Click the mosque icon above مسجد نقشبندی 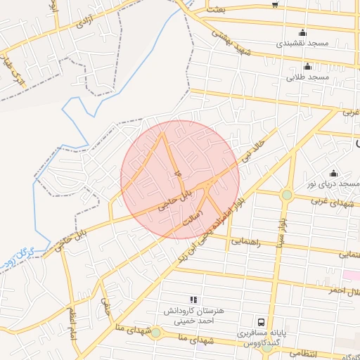pyautogui.click(x=302, y=32)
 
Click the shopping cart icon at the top pyautogui.click(x=274, y=4)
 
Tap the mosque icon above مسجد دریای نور pyautogui.click(x=333, y=174)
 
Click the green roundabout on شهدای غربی pyautogui.click(x=287, y=195)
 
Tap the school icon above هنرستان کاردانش pyautogui.click(x=194, y=300)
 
